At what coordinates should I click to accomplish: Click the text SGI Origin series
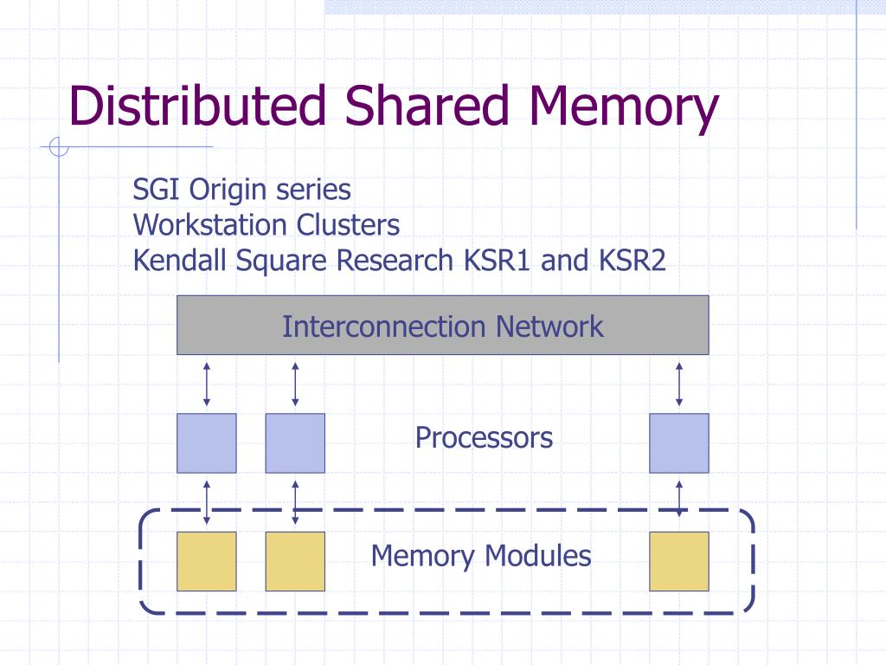tap(242, 189)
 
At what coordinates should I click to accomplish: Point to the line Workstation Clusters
tap(266, 225)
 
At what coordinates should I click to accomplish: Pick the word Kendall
tap(176, 261)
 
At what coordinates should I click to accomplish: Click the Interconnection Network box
tap(442, 326)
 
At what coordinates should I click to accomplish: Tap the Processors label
tap(484, 438)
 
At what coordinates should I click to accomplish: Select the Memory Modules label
tap(481, 556)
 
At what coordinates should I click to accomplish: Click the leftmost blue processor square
tap(207, 443)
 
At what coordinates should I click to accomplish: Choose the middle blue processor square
tap(295, 443)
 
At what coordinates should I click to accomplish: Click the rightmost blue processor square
tap(679, 443)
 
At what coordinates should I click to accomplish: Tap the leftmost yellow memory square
tap(207, 561)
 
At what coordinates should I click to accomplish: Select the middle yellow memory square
tap(295, 561)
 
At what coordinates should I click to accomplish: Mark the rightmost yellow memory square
tap(679, 561)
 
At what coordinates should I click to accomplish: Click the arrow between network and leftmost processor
tap(207, 384)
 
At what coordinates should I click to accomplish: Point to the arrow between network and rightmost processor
tap(679, 384)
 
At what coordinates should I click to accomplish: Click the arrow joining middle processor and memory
tap(295, 502)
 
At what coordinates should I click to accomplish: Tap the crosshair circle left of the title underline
tap(59, 148)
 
